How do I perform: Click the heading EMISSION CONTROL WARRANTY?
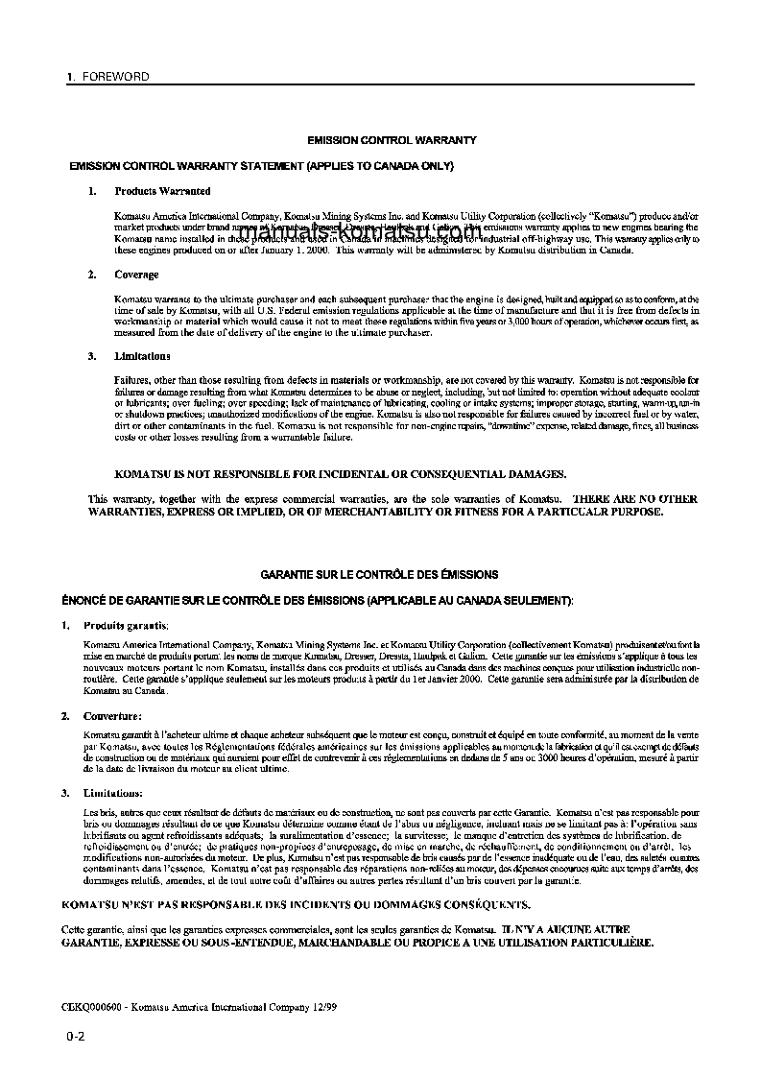[x=392, y=140]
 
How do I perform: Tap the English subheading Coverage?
[x=136, y=275]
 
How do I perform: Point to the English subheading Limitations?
[x=142, y=356]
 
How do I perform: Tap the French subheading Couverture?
[x=112, y=716]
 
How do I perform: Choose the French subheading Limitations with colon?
[x=113, y=793]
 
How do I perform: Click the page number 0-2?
[x=77, y=1037]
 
